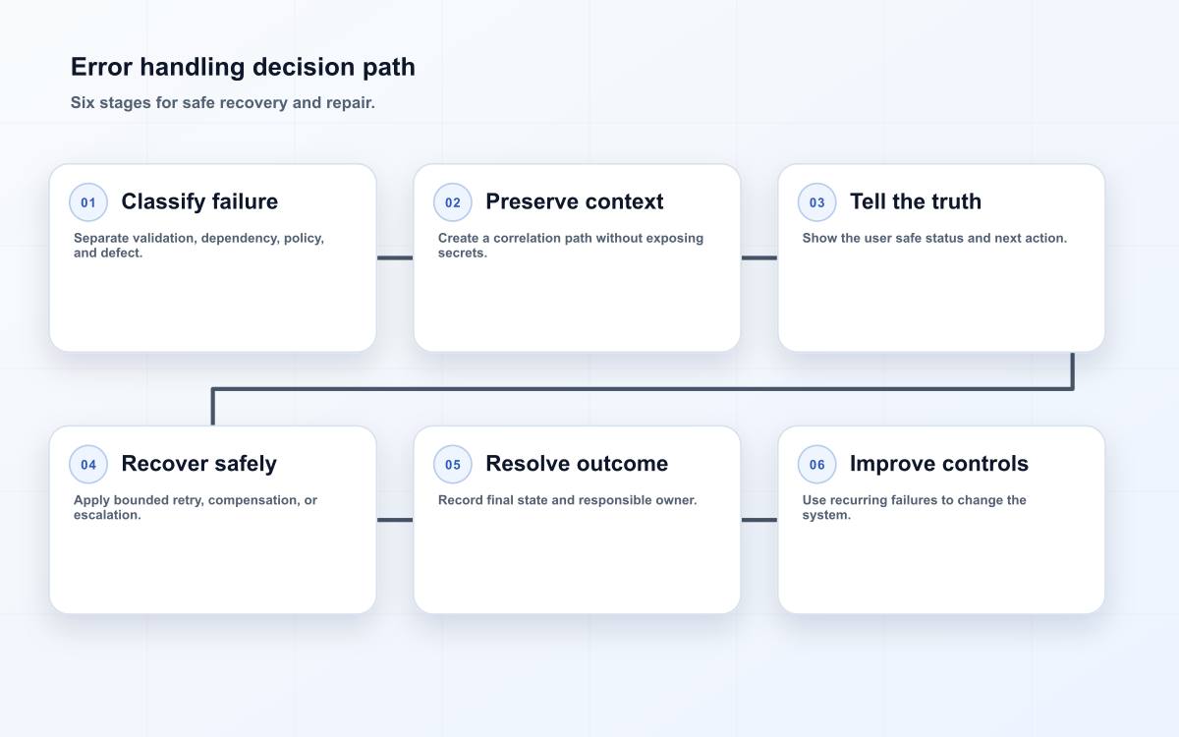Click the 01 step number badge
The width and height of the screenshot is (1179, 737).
point(88,202)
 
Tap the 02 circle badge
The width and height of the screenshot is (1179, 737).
point(453,202)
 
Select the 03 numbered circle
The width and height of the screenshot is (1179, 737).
point(816,202)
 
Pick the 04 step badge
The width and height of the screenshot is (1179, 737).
point(88,464)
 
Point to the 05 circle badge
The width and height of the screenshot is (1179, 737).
point(453,464)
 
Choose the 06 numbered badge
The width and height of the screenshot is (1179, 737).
point(816,464)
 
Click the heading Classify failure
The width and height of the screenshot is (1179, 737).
point(199,201)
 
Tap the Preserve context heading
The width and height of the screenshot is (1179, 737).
point(574,201)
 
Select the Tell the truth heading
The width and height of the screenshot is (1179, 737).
point(916,201)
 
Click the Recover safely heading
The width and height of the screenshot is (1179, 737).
point(198,464)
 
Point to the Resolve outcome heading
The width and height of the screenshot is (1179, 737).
point(577,464)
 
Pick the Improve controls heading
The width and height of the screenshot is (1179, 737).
point(939,464)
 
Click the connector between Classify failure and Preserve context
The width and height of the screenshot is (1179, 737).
point(395,257)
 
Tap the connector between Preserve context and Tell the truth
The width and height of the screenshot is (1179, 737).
point(758,257)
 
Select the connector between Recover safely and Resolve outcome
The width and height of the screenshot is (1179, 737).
point(395,520)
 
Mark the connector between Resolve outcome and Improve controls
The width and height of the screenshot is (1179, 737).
point(758,520)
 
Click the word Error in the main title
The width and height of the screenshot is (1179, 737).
point(101,68)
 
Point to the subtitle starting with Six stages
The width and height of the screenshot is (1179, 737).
point(223,102)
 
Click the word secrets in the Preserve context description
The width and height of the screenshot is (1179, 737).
point(463,254)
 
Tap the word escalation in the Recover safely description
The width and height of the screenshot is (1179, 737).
point(107,515)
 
